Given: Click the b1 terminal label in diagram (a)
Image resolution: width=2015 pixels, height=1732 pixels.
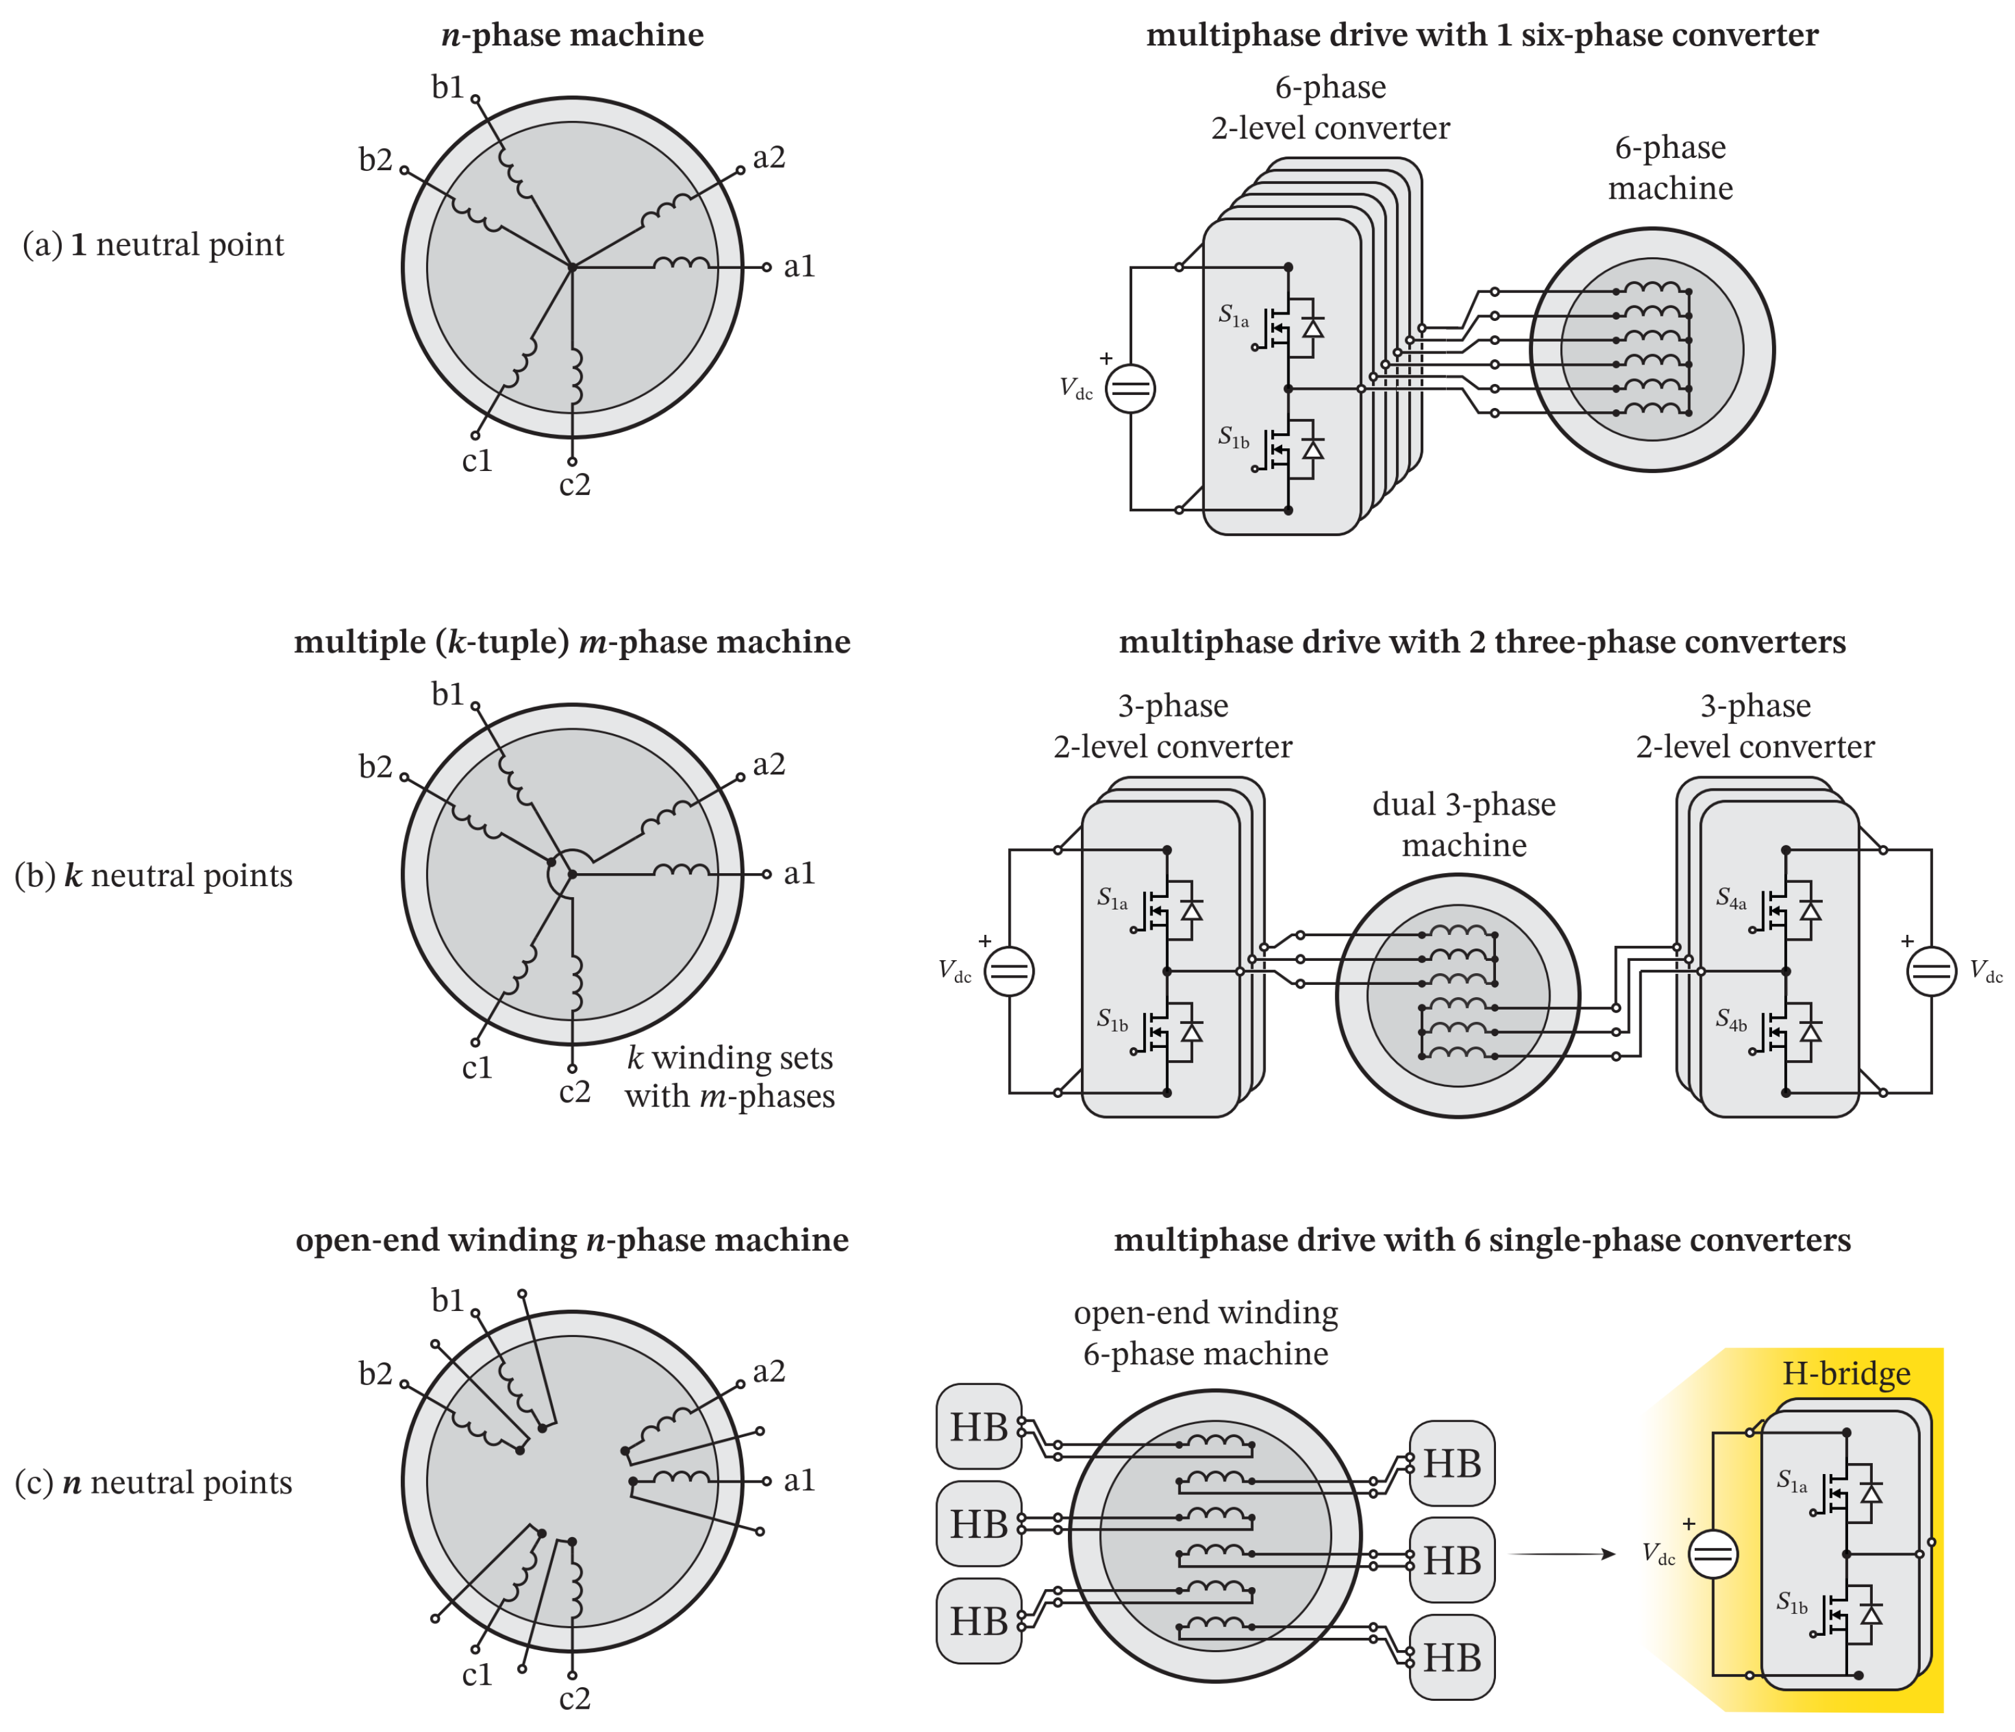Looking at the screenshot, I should pos(448,88).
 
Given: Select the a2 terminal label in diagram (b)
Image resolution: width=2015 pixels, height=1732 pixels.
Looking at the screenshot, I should pos(768,765).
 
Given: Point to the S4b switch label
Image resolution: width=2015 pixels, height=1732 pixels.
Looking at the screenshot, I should pos(1731,1020).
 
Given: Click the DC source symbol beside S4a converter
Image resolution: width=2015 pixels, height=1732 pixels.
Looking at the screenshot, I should pos(1931,971).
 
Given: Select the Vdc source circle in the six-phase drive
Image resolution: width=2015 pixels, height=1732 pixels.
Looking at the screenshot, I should pos(1130,388).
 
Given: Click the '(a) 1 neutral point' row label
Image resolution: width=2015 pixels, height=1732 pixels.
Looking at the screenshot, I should pos(153,244).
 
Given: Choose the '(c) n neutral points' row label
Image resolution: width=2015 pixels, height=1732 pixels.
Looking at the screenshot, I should pos(153,1482).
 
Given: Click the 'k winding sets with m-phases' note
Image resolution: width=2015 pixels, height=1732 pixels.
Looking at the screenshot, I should pos(729,1076).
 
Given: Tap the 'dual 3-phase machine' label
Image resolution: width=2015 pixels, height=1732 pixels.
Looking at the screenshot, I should pos(1464,824).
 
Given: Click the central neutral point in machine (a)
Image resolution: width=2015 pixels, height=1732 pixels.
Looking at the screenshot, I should pos(573,266).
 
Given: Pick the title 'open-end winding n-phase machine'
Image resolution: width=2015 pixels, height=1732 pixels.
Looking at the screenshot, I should pos(572,1240).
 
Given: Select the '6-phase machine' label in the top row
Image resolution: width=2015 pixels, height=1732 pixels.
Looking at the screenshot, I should pos(1670,167).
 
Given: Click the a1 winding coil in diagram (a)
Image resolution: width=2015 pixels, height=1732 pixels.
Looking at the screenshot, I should pos(681,264).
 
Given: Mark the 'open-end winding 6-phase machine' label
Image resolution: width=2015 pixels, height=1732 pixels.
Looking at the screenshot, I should pos(1205,1332).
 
